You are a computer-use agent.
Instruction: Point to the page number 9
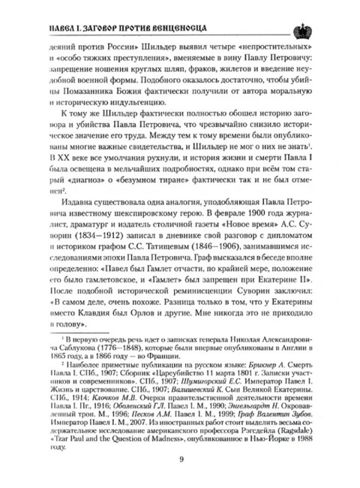[181, 460]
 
